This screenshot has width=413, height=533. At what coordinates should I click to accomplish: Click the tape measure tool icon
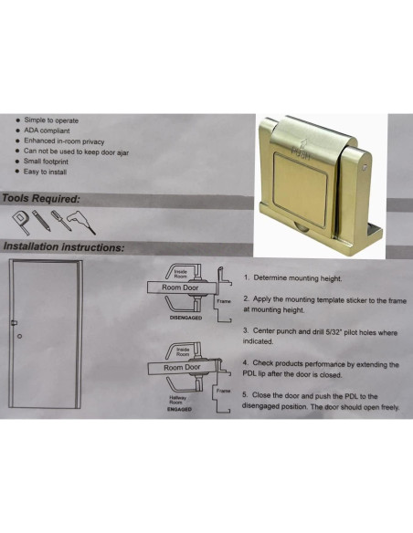[21, 219]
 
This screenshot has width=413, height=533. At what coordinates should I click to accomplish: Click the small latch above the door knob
[14, 323]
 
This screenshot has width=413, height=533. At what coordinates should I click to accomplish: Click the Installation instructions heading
[64, 246]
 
